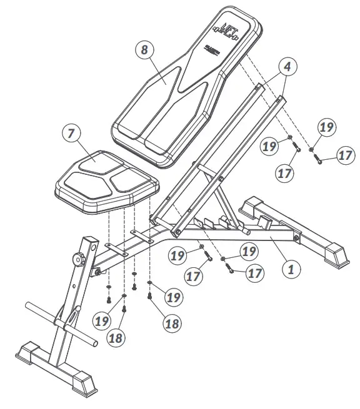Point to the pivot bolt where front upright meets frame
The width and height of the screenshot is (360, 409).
(x=97, y=272)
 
